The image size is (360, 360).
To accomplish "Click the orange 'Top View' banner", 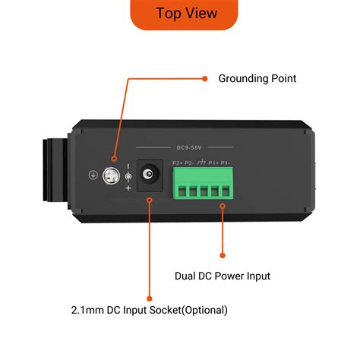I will (x=185, y=13).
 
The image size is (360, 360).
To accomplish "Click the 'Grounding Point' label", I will (x=257, y=78).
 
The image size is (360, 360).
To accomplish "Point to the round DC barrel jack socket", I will (x=152, y=175).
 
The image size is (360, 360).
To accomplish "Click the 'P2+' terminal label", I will (x=178, y=163).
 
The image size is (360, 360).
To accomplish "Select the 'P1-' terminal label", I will (x=226, y=163).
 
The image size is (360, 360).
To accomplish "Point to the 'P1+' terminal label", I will (x=214, y=163).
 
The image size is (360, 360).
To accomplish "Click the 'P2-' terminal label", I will (x=189, y=163).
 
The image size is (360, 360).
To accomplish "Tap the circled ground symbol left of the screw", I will (x=93, y=175).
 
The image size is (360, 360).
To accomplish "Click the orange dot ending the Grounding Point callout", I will (x=204, y=77).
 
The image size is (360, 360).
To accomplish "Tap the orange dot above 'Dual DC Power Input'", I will (x=223, y=255).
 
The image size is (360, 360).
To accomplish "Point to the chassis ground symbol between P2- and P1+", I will (x=201, y=163).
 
